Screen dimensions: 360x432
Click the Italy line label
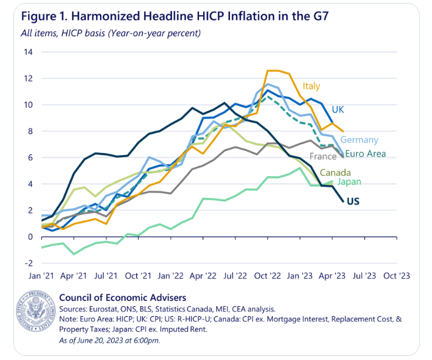[311, 86]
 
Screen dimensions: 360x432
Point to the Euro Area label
[365, 154]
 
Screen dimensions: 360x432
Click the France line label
[323, 157]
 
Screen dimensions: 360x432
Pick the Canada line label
[335, 172]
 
